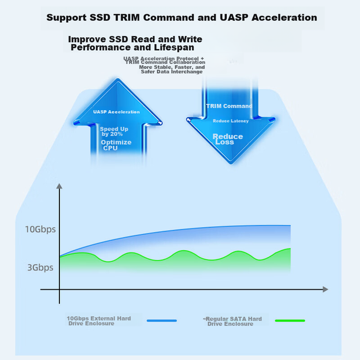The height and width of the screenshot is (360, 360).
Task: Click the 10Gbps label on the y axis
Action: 41,229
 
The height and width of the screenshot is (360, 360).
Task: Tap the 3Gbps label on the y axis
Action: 41,267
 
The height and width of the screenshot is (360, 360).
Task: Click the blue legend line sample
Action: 162,321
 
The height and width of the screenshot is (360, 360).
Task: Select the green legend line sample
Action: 290,321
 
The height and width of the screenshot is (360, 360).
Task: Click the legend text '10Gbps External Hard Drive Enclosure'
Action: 99,321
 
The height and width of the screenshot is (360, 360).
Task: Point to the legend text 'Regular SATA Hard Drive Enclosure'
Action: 233,321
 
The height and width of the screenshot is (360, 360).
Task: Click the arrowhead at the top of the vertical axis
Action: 59,186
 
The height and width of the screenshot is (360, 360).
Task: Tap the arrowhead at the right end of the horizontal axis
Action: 325,289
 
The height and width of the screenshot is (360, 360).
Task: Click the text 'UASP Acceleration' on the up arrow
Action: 117,112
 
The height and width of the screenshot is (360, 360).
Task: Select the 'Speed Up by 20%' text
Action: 114,131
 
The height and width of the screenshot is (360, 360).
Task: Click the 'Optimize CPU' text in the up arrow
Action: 116,145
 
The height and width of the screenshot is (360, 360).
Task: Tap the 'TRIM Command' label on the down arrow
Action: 229,106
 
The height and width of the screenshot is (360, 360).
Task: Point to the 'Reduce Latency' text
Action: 231,121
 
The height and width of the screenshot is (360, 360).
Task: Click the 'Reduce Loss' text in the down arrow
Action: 227,139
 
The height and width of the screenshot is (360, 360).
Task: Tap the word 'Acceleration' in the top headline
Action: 284,18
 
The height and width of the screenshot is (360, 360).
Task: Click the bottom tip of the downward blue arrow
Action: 231,163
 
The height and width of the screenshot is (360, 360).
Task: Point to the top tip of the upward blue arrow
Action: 118,79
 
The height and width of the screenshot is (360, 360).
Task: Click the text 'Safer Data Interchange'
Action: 172,71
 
